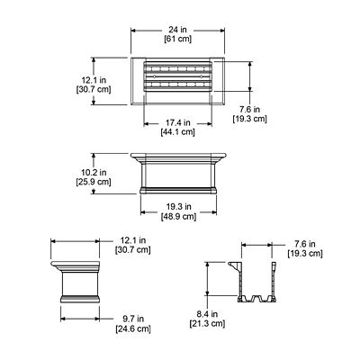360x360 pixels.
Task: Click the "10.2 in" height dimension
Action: (x=93, y=170)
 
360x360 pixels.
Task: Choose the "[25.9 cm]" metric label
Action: (x=93, y=181)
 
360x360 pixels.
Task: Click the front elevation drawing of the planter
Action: (x=181, y=175)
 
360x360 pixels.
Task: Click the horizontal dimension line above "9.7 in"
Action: (x=80, y=308)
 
